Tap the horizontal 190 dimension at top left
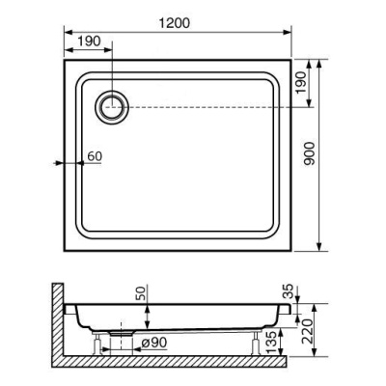[88, 41]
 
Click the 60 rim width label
[94, 154]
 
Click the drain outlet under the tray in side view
[120, 331]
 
